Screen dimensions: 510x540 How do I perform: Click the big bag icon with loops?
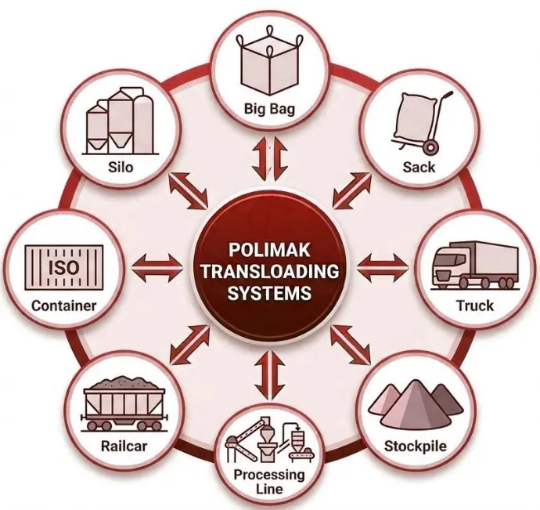pyautogui.click(x=269, y=65)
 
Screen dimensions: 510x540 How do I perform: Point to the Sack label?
pyautogui.click(x=419, y=167)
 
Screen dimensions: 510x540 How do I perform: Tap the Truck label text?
pyautogui.click(x=475, y=306)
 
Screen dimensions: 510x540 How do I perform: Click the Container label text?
pyautogui.click(x=63, y=306)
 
